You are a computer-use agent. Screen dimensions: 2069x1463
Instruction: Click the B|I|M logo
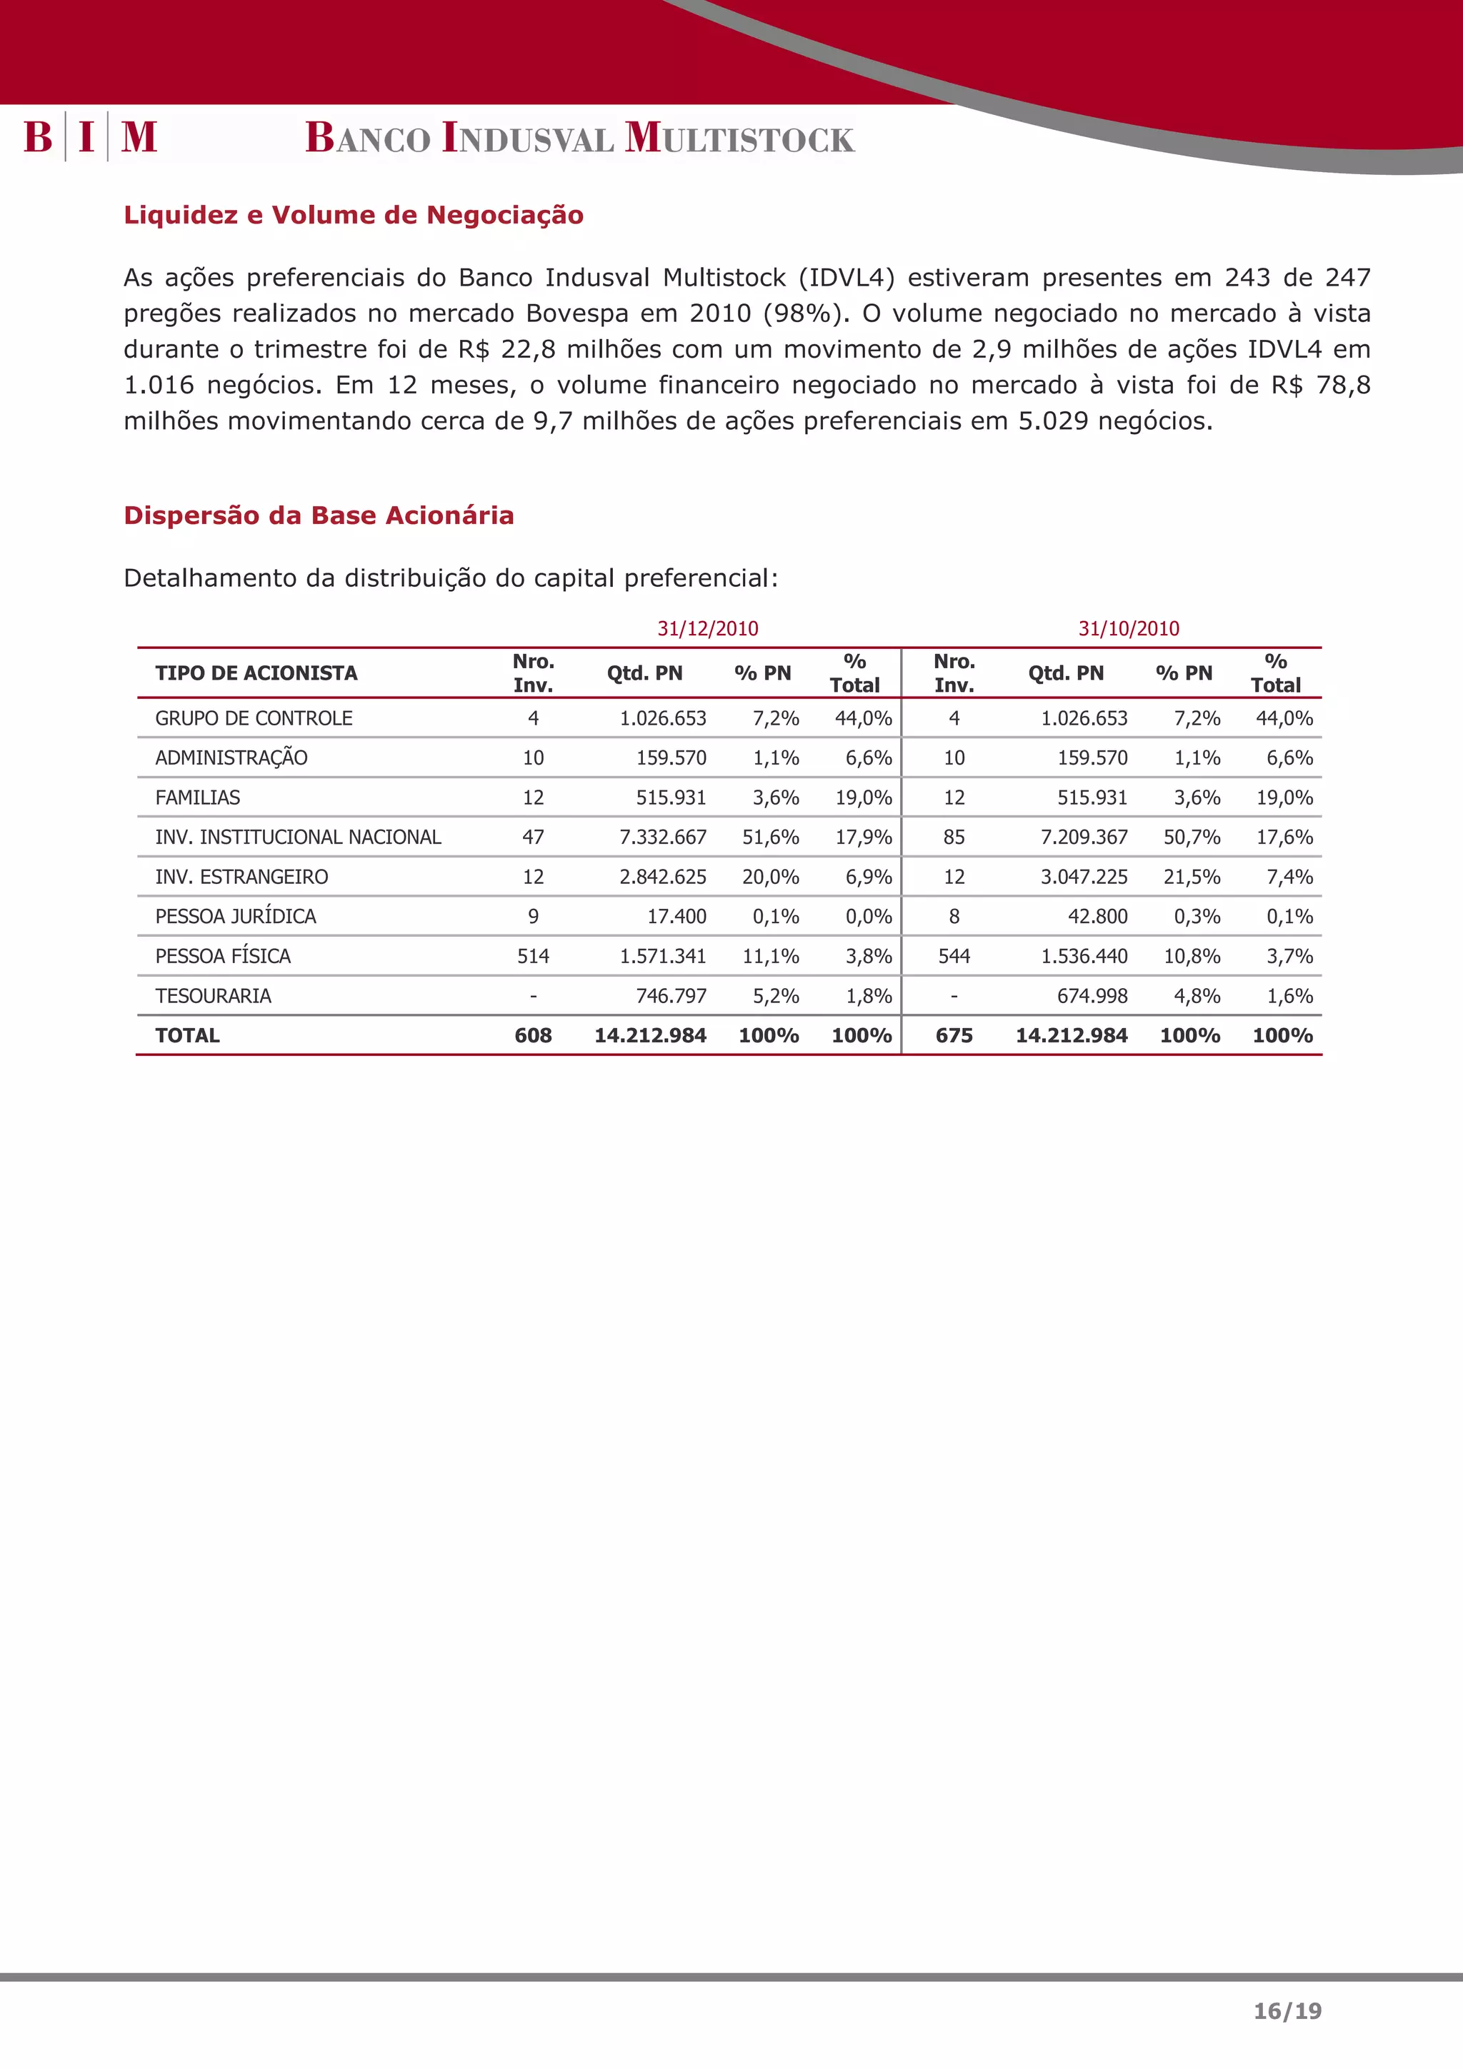pyautogui.click(x=90, y=137)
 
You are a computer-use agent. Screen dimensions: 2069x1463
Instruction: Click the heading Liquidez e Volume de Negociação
pyautogui.click(x=354, y=216)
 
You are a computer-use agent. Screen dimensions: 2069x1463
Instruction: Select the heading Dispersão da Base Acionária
pyautogui.click(x=318, y=515)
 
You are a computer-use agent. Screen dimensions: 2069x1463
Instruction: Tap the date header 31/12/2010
pyautogui.click(x=708, y=629)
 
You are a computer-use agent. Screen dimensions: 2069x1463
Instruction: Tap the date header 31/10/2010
pyautogui.click(x=1129, y=629)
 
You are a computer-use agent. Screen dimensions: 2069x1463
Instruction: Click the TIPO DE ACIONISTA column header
pyautogui.click(x=256, y=673)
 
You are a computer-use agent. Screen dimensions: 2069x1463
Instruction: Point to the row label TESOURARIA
pyautogui.click(x=213, y=996)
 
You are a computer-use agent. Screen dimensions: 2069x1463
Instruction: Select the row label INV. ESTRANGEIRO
pyautogui.click(x=241, y=877)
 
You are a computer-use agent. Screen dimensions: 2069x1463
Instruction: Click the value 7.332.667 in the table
pyautogui.click(x=662, y=837)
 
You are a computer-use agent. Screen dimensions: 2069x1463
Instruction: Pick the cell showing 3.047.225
pyautogui.click(x=1084, y=877)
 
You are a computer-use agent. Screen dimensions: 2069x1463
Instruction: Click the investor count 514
pyautogui.click(x=533, y=956)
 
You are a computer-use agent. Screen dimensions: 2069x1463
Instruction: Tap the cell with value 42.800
pyautogui.click(x=1097, y=917)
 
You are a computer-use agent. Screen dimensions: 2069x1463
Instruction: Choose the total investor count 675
pyautogui.click(x=954, y=1035)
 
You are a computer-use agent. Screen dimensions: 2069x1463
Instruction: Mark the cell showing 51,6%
pyautogui.click(x=771, y=837)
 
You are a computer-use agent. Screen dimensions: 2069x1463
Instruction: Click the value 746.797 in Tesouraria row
pyautogui.click(x=671, y=996)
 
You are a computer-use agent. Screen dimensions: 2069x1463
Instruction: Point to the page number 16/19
pyautogui.click(x=1287, y=2011)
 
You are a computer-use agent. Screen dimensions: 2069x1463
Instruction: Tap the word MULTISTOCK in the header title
pyautogui.click(x=739, y=139)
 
